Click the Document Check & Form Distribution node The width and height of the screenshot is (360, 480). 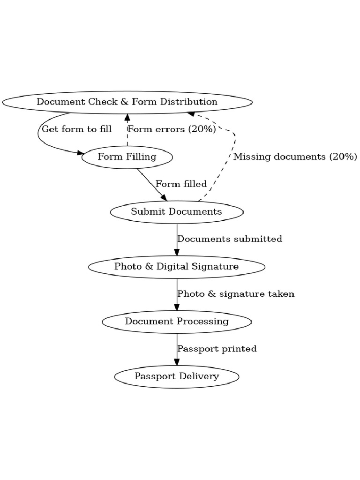pos(127,102)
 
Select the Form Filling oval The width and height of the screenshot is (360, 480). pos(127,157)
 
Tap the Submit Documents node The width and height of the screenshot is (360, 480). pos(177,211)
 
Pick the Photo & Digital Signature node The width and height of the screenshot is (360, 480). pos(177,267)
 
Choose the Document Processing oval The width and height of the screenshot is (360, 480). pos(177,322)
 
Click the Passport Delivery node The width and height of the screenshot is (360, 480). pos(177,376)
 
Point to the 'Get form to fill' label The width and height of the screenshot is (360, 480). pos(77,129)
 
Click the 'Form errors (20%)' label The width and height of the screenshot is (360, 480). pos(172,129)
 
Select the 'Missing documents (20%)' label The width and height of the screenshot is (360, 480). pos(295,157)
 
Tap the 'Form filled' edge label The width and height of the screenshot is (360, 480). pos(181,184)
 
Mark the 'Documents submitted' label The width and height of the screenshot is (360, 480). pos(230,239)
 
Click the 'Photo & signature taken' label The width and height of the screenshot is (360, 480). pos(236,294)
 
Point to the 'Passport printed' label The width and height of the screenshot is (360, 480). pos(217,349)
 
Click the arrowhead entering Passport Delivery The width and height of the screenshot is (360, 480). pos(177,362)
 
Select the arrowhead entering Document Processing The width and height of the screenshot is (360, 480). pos(177,307)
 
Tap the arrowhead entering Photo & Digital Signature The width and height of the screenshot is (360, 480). pos(177,252)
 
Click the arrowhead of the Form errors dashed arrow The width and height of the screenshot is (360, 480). pos(127,117)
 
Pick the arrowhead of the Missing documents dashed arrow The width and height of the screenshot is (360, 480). pos(191,113)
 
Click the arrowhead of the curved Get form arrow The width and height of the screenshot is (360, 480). pos(80,152)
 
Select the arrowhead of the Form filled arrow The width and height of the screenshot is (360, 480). pos(163,197)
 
